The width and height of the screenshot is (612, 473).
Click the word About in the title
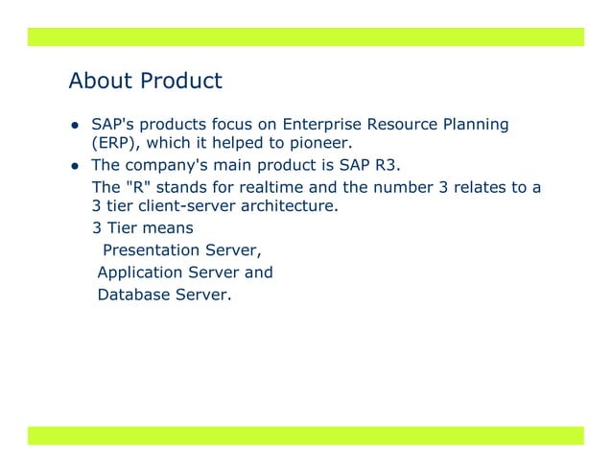tap(101, 81)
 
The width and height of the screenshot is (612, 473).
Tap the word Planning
tap(475, 126)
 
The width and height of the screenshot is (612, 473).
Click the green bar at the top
tap(305, 36)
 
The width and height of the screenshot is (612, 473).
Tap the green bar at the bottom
tap(305, 436)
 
